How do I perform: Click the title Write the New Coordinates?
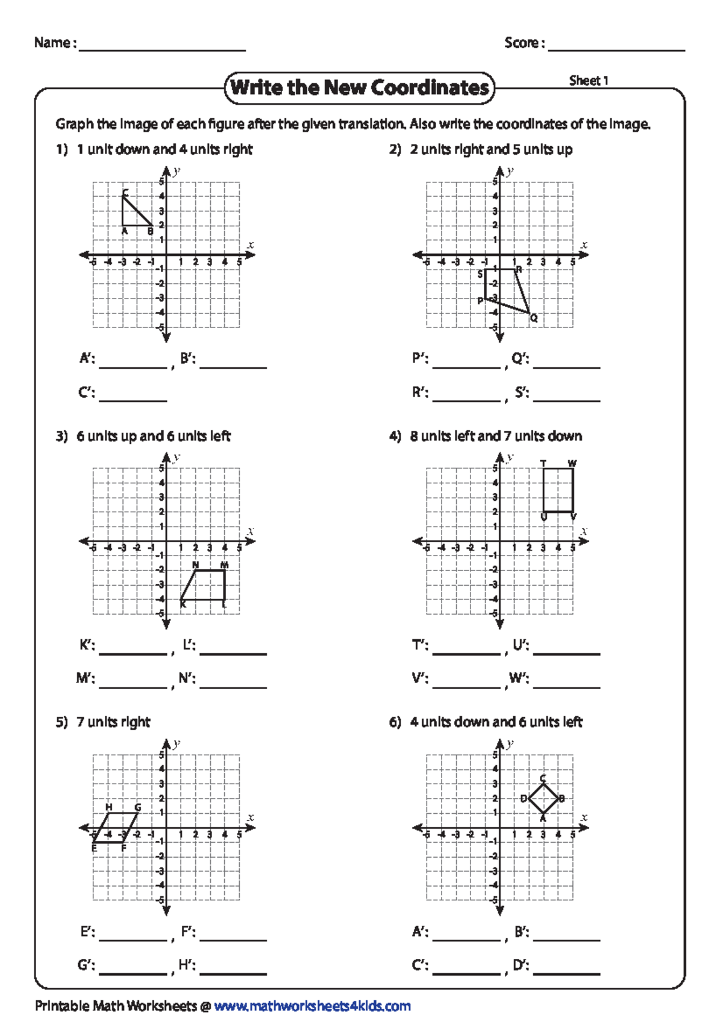tap(360, 88)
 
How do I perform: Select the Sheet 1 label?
tap(589, 81)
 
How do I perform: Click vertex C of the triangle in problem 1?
tap(123, 196)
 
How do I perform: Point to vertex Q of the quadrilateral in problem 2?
tap(529, 313)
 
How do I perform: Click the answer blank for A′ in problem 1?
tap(133, 364)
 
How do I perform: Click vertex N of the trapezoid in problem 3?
tap(196, 570)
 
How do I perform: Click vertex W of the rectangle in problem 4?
tap(572, 469)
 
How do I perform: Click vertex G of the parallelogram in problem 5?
tap(137, 813)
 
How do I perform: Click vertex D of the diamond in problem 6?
tap(529, 799)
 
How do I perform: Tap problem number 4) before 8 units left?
tap(395, 436)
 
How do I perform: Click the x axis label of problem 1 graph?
tap(251, 245)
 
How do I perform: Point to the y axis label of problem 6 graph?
tap(510, 744)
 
